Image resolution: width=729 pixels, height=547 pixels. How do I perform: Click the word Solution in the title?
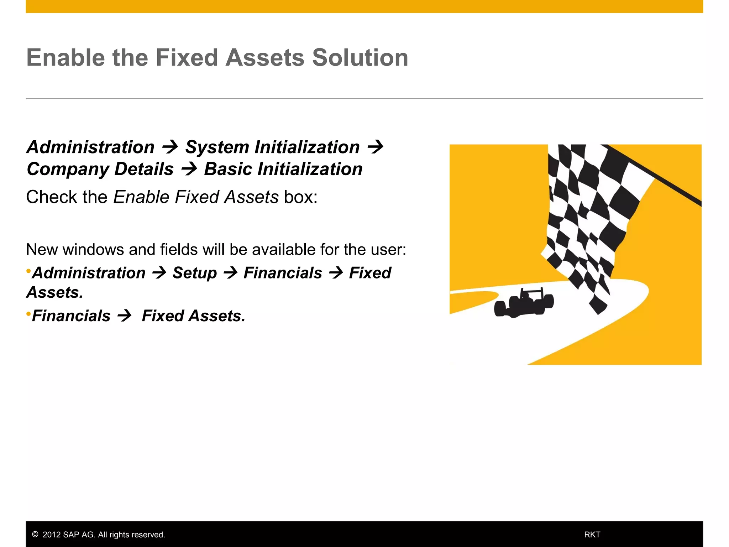click(360, 58)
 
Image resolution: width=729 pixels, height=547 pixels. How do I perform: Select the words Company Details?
click(100, 169)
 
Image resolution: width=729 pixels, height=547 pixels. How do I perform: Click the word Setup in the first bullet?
click(194, 273)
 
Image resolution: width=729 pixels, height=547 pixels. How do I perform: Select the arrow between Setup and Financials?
click(230, 273)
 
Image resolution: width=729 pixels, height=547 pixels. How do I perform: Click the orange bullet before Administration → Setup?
click(28, 271)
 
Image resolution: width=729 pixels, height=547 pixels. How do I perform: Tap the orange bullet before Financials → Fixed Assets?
click(28, 314)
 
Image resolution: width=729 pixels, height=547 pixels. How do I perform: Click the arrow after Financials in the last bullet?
click(124, 316)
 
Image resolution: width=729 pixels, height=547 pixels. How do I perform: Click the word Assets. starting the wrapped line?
click(55, 293)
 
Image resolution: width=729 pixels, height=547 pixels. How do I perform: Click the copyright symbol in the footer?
click(35, 535)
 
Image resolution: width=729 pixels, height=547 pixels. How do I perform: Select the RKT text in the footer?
click(592, 535)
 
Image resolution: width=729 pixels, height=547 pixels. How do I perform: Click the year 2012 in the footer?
click(51, 535)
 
